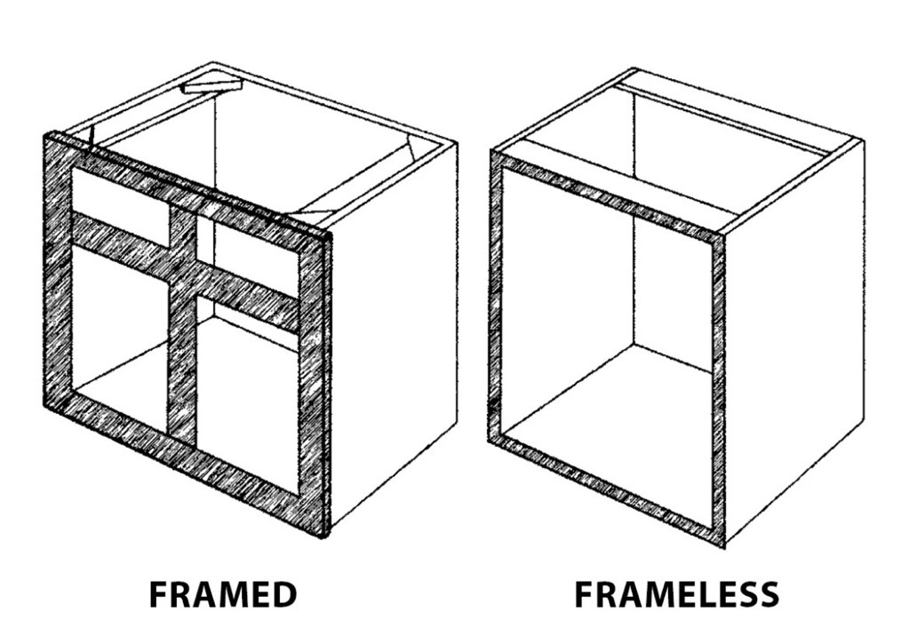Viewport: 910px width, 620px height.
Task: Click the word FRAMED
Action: coord(223,594)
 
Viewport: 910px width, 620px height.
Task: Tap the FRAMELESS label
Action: coord(676,594)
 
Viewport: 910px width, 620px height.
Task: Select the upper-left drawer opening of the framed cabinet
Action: coord(120,194)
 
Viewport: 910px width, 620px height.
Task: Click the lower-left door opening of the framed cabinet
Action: coord(120,333)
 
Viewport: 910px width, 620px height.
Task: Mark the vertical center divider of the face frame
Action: coord(183,325)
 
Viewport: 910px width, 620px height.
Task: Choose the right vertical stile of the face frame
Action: coord(314,377)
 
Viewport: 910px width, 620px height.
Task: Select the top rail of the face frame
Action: coord(187,185)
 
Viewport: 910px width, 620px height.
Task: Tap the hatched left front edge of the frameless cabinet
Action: coord(495,296)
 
